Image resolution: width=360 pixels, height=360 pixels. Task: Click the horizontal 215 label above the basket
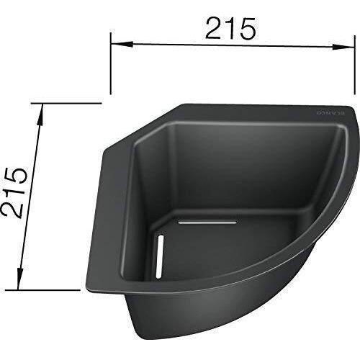tap(230, 29)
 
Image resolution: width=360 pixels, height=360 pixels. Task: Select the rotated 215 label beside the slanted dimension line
tap(14, 193)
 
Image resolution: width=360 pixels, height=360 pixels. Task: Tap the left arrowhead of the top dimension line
tap(122, 44)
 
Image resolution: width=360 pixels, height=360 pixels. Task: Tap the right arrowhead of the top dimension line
tap(343, 47)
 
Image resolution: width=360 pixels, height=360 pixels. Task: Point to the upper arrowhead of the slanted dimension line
tap(40, 114)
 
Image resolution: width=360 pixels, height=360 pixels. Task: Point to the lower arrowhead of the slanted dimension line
tap(19, 278)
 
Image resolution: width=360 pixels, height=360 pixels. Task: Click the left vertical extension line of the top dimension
tap(110, 63)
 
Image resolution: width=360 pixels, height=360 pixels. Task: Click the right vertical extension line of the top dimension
tap(355, 65)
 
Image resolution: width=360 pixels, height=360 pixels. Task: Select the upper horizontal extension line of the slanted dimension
tap(66, 103)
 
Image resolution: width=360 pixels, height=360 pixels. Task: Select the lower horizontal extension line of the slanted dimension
tap(42, 290)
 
